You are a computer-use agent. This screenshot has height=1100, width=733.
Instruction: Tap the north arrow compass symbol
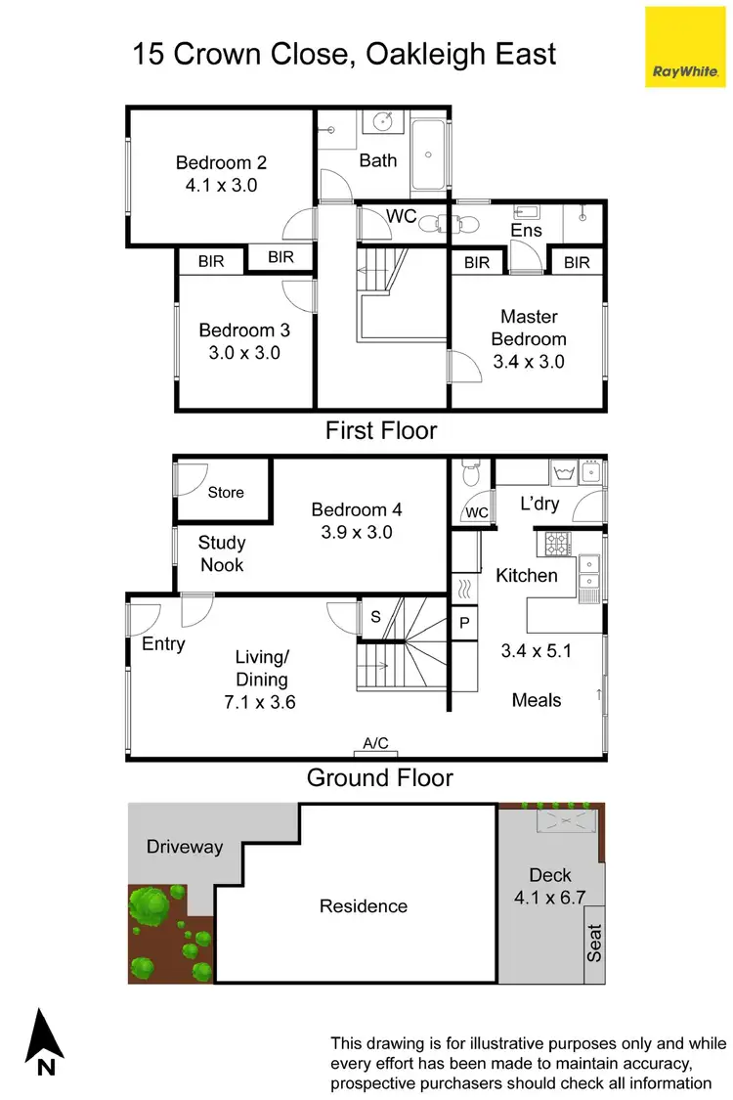[x=45, y=1043]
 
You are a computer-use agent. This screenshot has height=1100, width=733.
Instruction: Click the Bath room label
[x=378, y=159]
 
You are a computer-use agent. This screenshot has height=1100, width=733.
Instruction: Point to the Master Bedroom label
[x=529, y=328]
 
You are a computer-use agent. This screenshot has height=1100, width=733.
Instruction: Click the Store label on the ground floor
[x=226, y=493]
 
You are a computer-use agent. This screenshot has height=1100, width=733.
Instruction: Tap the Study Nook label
[x=222, y=553]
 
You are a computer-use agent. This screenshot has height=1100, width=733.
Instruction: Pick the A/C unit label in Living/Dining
[x=376, y=744]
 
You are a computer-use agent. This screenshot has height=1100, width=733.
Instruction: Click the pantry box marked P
[x=463, y=622]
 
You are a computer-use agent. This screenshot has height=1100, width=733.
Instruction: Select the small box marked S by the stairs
[x=375, y=616]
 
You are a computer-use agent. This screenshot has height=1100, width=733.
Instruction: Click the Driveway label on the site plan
[x=185, y=847]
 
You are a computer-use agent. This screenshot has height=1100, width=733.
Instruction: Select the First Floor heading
[x=381, y=430]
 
